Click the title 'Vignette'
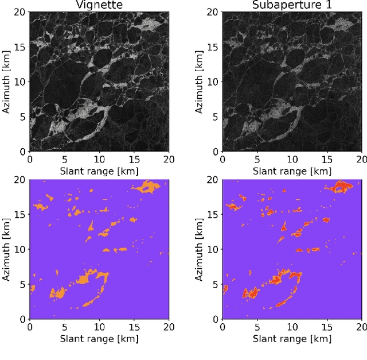[x=99, y=6]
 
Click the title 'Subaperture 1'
[x=292, y=6]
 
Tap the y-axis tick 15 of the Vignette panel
[x=21, y=47]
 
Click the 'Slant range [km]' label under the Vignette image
[x=99, y=171]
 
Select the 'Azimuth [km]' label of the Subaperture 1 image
[x=200, y=82]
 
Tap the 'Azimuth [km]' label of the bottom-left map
[x=7, y=249]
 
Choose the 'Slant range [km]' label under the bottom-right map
[x=292, y=338]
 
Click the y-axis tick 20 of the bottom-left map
[x=21, y=179]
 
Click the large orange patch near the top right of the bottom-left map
[x=147, y=187]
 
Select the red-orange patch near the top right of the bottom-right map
[x=340, y=187]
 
